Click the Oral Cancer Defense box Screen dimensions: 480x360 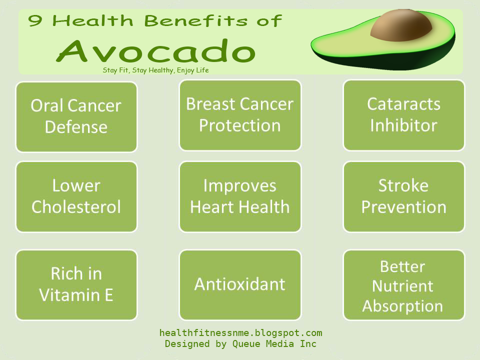click(x=76, y=116)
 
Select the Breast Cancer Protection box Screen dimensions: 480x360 click(x=240, y=115)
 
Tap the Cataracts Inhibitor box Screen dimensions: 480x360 click(x=404, y=115)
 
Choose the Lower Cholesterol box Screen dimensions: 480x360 click(x=76, y=196)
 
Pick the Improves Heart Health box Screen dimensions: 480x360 click(x=240, y=196)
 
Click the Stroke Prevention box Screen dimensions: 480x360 click(x=404, y=196)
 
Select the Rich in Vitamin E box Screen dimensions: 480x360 click(x=76, y=285)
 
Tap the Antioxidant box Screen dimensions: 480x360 click(x=240, y=285)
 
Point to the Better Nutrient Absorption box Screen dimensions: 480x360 click(x=404, y=285)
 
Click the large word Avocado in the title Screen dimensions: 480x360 click(x=156, y=51)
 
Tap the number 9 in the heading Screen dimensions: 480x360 click(x=35, y=21)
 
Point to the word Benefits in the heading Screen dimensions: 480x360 click(x=196, y=21)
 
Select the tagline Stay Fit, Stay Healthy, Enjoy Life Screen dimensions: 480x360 click(x=156, y=70)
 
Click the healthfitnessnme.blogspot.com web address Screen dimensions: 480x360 click(x=240, y=333)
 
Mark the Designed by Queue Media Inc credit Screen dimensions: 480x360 click(x=240, y=344)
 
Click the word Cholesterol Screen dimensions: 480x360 click(x=76, y=207)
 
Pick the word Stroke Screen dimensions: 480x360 click(x=403, y=185)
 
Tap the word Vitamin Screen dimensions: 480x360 click(x=69, y=295)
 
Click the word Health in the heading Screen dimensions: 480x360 click(x=93, y=21)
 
